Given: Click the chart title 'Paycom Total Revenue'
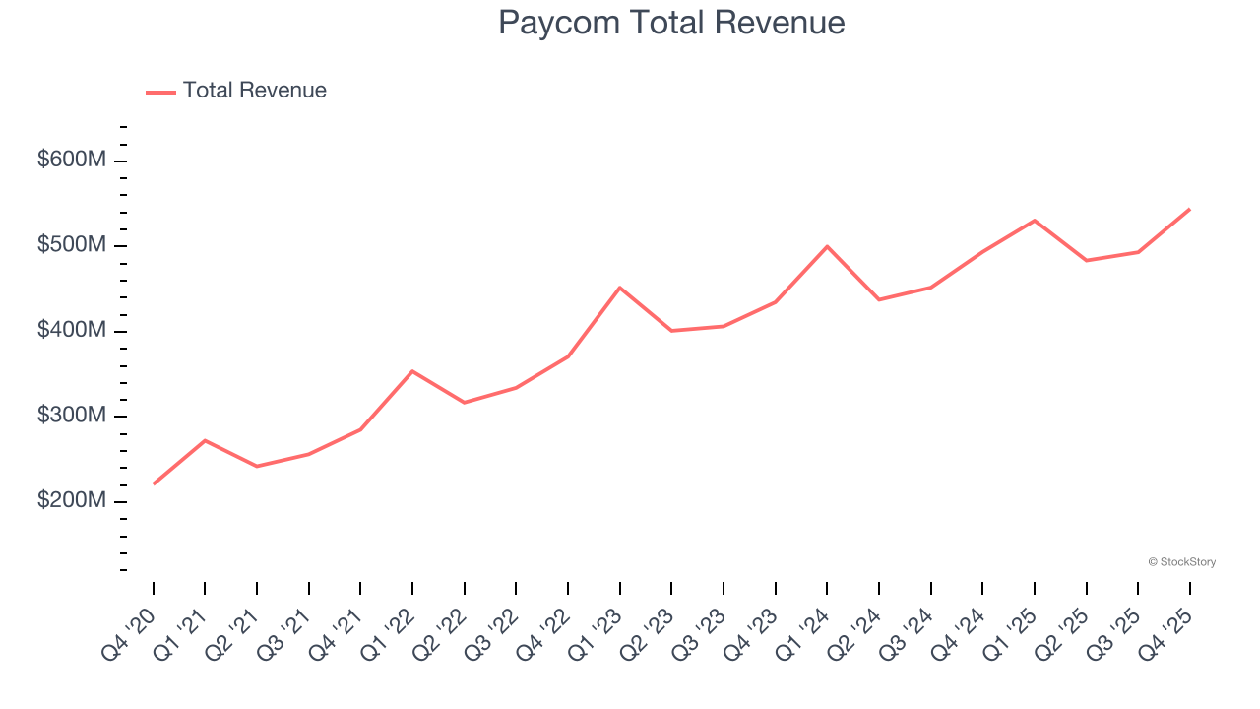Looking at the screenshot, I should point(671,23).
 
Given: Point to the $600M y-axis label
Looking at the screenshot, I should point(71,160).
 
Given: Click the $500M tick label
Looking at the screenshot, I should point(71,245).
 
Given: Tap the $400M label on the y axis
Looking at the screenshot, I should point(71,331).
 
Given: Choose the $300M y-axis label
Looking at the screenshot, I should point(71,416).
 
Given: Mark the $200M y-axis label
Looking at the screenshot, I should point(71,501).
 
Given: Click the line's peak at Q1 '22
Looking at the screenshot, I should point(412,371).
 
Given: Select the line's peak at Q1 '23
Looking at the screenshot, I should point(619,288).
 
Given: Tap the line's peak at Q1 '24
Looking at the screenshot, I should point(827,246).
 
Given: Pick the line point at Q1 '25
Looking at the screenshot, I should point(1035,221).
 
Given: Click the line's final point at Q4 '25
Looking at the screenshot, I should point(1189,209).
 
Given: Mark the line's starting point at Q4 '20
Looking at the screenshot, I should point(154,483).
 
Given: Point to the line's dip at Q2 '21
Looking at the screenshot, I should point(257,466).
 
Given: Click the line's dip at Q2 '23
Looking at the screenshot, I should point(671,331).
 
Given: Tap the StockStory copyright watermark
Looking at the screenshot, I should point(1181,562).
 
